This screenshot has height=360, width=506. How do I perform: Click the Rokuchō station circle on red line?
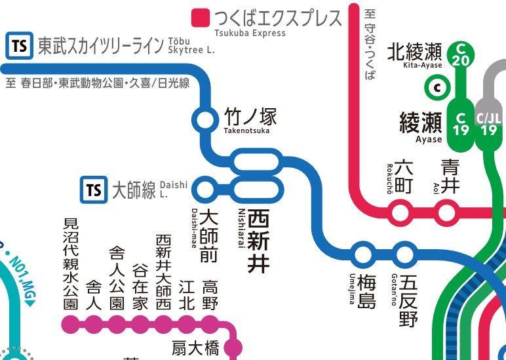400,212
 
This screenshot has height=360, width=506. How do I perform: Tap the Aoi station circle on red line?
447,212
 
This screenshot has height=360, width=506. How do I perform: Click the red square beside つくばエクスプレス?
200,17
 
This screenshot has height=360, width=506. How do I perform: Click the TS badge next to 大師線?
94,190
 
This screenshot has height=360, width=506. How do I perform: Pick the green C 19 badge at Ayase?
461,124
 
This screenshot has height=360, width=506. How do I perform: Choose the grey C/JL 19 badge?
489,124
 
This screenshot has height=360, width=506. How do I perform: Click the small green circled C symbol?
435,87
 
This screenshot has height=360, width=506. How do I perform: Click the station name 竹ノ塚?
250,117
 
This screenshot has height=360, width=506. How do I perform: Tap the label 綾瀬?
421,122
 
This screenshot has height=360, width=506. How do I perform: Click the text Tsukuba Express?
250,33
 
